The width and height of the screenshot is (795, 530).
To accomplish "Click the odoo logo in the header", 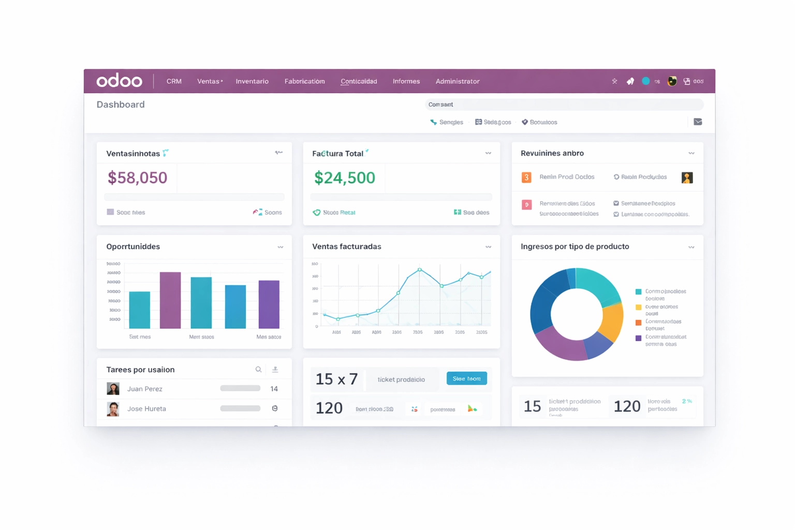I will [x=119, y=81].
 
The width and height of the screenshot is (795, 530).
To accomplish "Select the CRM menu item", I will [x=174, y=81].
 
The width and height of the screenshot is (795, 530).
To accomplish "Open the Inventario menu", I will [x=252, y=81].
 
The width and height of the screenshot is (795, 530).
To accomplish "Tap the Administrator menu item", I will [x=458, y=81].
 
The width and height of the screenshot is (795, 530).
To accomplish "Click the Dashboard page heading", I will [x=121, y=105].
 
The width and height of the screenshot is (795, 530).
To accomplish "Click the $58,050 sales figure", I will [x=138, y=178].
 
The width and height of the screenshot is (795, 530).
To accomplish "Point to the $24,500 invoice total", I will [x=345, y=178].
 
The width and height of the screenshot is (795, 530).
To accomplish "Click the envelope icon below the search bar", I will [x=698, y=122].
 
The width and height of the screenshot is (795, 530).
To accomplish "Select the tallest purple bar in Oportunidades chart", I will [x=170, y=300].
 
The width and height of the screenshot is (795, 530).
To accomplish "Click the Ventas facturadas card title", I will [x=347, y=246].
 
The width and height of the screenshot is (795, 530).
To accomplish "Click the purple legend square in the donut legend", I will [x=638, y=338].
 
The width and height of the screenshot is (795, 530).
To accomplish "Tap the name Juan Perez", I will [x=145, y=389].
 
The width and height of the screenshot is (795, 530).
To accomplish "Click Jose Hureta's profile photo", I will [x=113, y=409].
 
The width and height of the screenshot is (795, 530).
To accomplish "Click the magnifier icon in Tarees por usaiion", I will [x=258, y=370].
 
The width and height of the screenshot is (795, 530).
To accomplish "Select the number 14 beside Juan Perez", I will [x=274, y=389].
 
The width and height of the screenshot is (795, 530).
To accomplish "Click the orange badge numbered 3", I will [x=526, y=178].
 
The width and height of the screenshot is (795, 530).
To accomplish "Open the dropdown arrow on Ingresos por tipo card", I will [x=691, y=247].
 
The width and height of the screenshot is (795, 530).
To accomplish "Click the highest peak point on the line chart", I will [x=420, y=270].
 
